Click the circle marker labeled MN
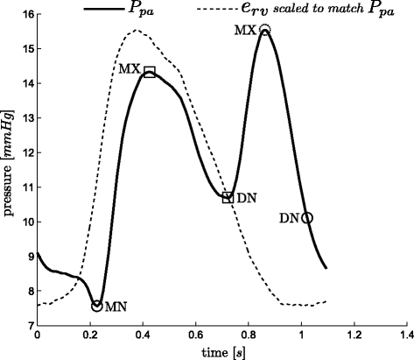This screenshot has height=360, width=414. click(x=92, y=306)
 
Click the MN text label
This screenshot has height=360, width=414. click(x=116, y=307)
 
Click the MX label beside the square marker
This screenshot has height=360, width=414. click(x=130, y=69)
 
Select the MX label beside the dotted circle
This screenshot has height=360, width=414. click(x=246, y=31)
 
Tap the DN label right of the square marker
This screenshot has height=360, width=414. click(x=247, y=199)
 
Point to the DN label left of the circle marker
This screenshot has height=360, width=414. click(x=290, y=218)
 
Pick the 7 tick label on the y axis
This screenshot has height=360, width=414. click(x=31, y=325)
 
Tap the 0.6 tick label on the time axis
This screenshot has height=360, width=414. click(x=195, y=335)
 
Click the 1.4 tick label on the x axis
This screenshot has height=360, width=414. click(x=407, y=335)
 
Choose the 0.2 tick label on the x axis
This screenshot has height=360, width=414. click(x=90, y=335)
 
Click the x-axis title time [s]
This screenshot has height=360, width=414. click(x=223, y=353)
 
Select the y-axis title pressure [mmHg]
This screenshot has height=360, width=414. click(x=9, y=163)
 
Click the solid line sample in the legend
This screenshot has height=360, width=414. click(x=104, y=9)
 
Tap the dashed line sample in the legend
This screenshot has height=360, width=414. click(x=218, y=9)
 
